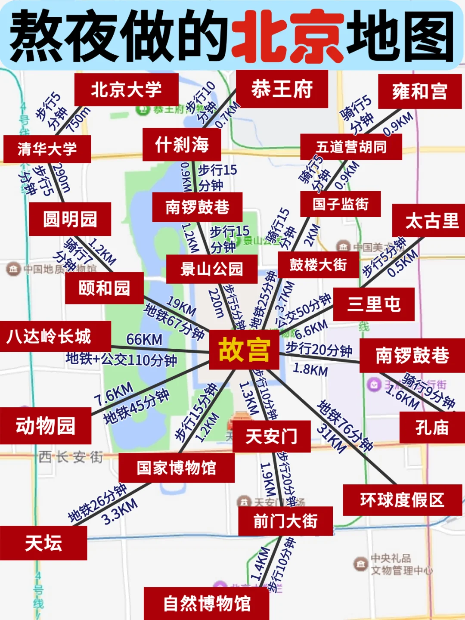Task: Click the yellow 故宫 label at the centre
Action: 244,350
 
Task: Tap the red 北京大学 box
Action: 126,90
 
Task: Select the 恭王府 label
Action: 282,89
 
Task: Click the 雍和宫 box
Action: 420,91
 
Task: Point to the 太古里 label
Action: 431,221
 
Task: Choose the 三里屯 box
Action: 374,304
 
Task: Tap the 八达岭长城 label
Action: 50,336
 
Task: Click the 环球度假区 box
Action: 402,500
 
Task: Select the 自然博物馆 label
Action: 207,603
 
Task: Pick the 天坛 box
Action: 43,543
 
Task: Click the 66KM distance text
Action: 144,340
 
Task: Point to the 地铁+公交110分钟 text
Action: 121,359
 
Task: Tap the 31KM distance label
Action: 331,439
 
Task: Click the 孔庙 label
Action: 432,428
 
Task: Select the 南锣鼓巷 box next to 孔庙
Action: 412,356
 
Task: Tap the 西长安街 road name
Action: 71,457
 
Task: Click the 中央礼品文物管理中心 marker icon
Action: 360,564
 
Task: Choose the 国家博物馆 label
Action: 177,468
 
